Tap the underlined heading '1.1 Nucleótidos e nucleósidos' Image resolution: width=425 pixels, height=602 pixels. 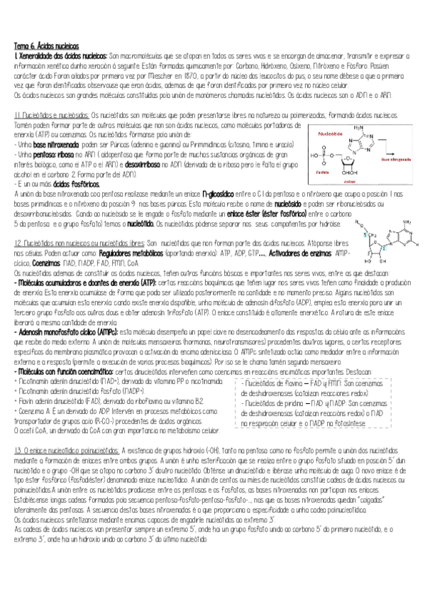51,114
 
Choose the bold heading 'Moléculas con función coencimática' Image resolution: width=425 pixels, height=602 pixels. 63,371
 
